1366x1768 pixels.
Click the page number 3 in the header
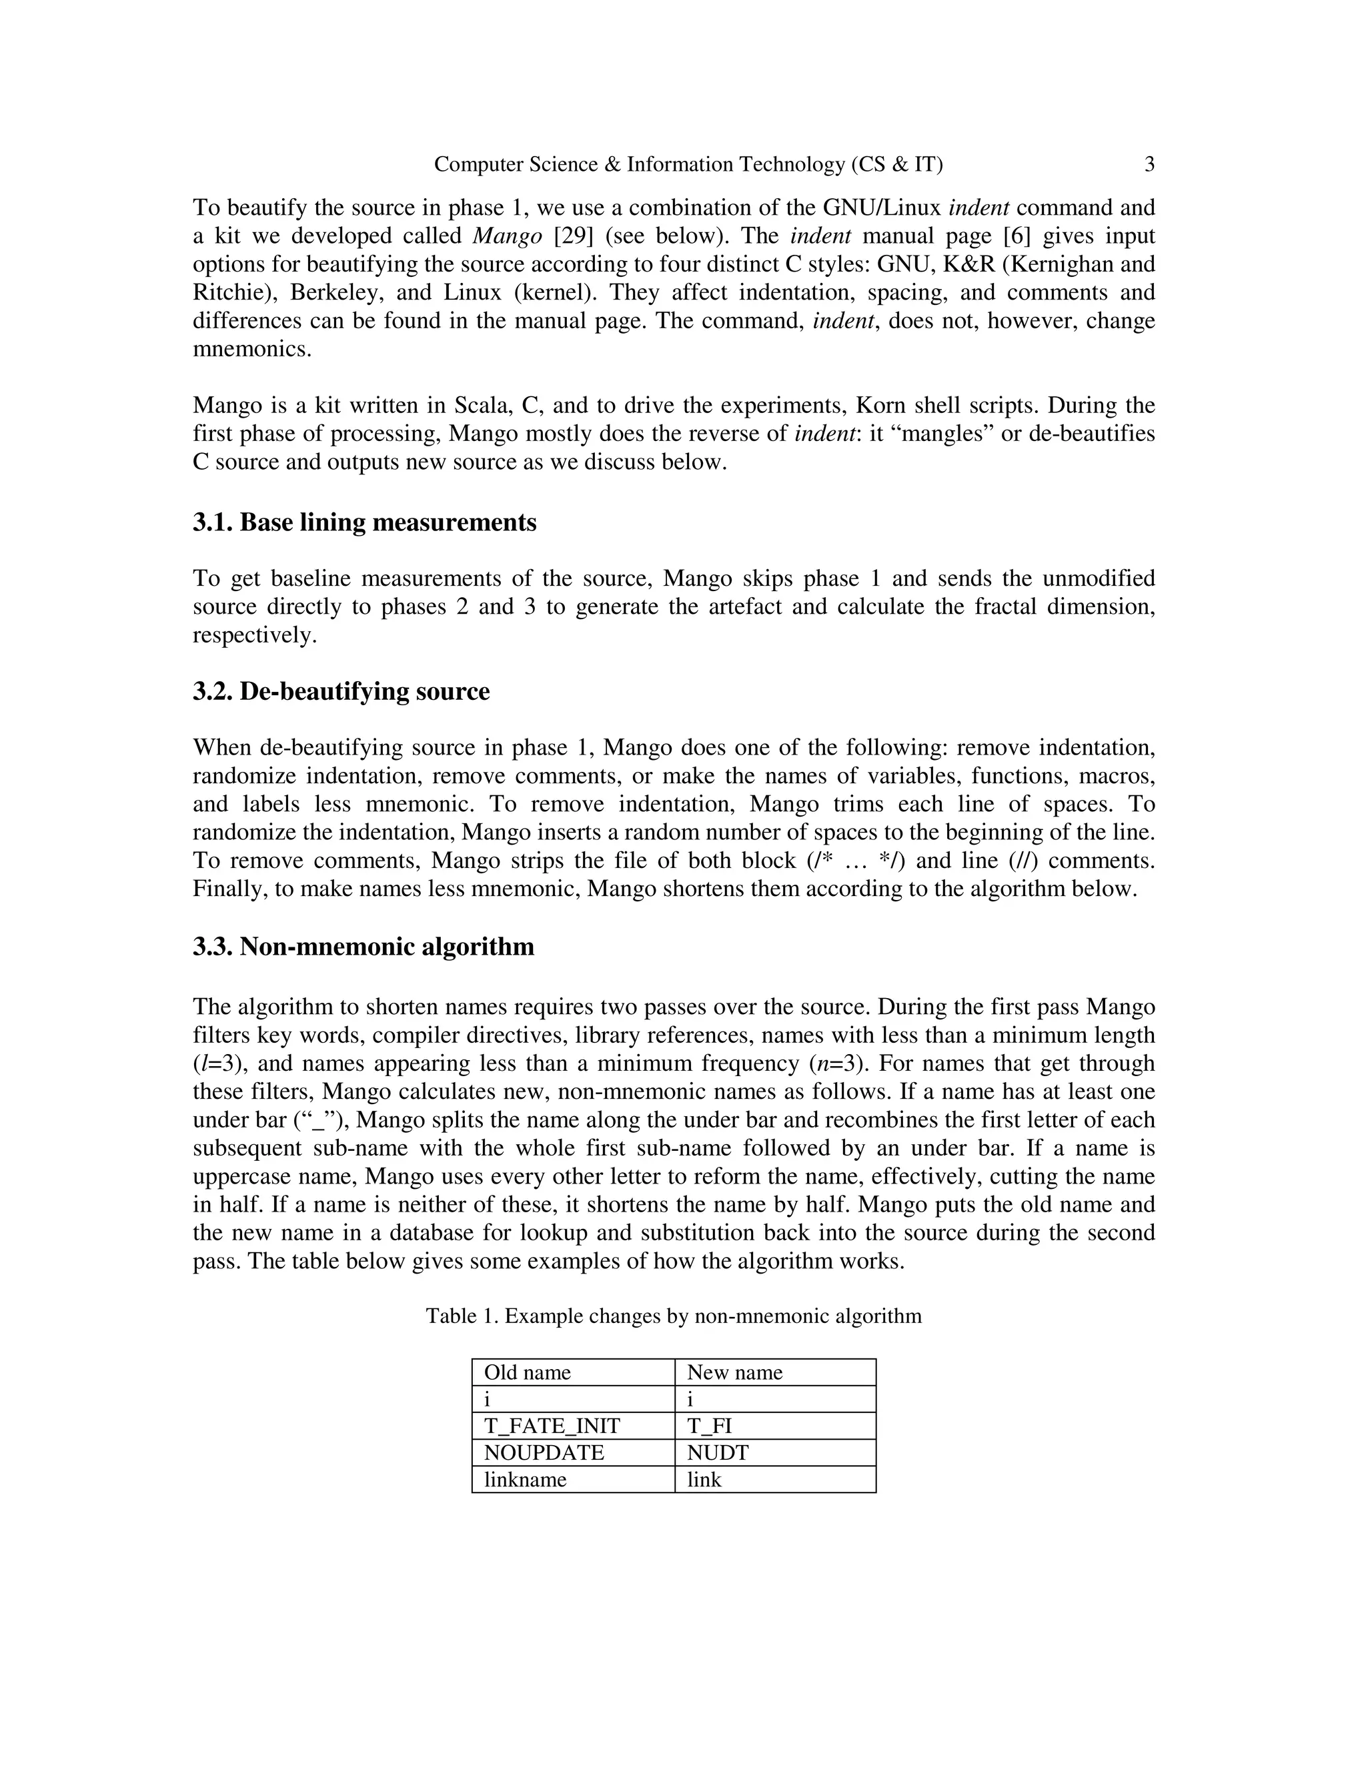[1149, 165]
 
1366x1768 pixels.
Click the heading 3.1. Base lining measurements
[364, 523]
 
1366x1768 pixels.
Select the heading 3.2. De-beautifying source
[341, 692]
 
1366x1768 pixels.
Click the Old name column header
[527, 1372]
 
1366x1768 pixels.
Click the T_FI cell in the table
[709, 1426]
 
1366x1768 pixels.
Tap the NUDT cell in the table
[717, 1452]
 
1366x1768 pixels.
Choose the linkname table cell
[524, 1480]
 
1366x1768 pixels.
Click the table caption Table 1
[673, 1316]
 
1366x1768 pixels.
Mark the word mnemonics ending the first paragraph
[251, 350]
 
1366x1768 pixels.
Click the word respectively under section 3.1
[253, 635]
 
